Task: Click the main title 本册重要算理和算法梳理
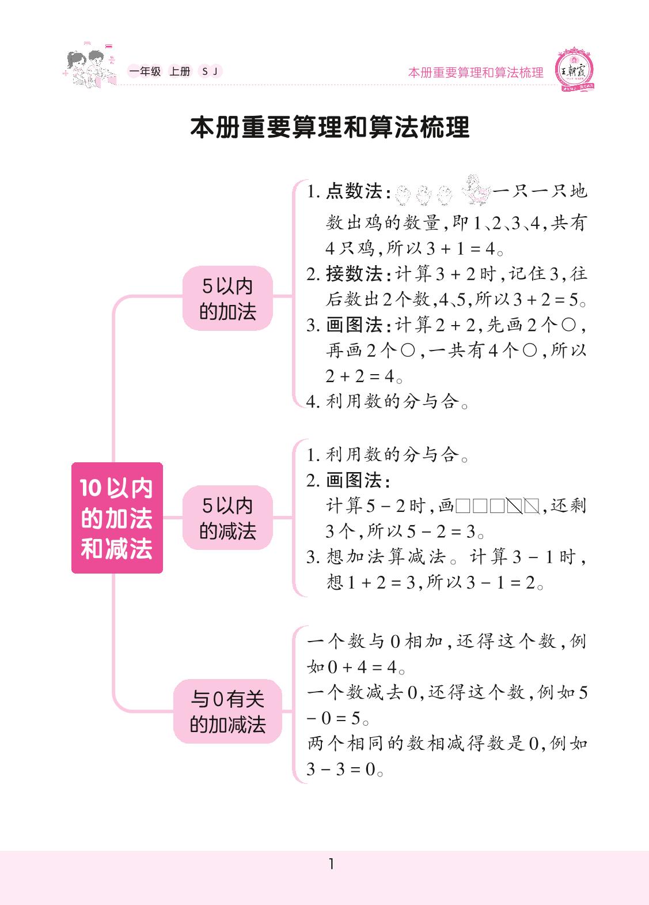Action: (329, 128)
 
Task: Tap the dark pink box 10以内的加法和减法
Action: (117, 518)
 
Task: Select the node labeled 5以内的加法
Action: (227, 299)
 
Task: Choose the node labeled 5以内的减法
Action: (227, 518)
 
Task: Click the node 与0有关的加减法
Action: (227, 711)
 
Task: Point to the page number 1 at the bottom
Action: (331, 864)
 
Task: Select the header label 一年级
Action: (145, 71)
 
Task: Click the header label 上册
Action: (179, 71)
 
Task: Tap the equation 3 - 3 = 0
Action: (341, 769)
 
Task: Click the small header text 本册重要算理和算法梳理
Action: (476, 73)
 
